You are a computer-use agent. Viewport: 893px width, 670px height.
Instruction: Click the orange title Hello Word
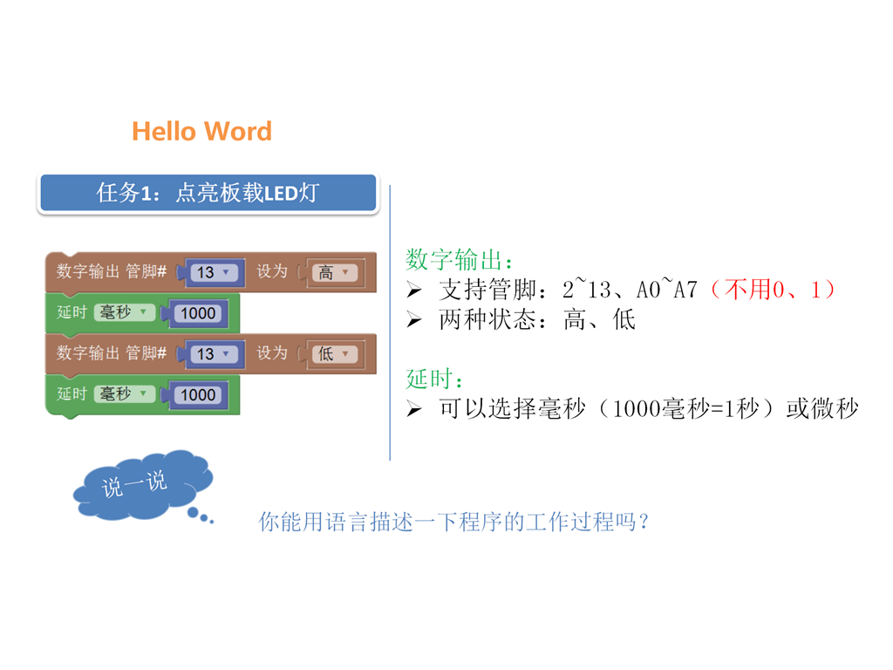point(201,131)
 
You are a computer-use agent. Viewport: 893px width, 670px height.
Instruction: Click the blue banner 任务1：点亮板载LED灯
point(208,193)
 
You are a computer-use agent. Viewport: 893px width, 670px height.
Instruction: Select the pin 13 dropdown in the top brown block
point(212,272)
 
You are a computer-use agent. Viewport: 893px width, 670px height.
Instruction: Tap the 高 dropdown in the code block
point(335,272)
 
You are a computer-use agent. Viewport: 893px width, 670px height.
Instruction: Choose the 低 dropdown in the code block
point(335,354)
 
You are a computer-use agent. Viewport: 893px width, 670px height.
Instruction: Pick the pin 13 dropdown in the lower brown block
point(212,354)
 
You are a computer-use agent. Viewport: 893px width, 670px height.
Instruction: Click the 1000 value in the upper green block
point(198,313)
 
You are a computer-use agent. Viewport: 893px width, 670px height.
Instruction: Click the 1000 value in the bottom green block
point(198,395)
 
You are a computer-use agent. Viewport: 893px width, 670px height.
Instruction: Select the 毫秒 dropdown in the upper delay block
point(124,312)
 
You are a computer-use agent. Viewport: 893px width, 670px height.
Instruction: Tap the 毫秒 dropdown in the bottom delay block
point(124,393)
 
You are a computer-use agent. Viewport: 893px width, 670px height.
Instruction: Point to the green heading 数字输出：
point(459,260)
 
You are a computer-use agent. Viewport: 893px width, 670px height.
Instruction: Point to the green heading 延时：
point(434,379)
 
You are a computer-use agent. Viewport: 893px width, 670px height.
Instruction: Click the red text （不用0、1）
point(773,290)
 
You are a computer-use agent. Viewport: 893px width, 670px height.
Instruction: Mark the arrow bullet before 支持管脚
point(414,291)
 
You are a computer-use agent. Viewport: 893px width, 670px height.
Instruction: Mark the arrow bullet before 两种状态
point(414,320)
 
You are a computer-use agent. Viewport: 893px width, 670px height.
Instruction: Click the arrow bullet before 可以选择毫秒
point(414,409)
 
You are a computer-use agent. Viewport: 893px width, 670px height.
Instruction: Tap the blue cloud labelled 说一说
point(142,485)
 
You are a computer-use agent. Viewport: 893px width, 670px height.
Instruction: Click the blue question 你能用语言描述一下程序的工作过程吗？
point(453,522)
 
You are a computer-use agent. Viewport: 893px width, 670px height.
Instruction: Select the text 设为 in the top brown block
point(272,271)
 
